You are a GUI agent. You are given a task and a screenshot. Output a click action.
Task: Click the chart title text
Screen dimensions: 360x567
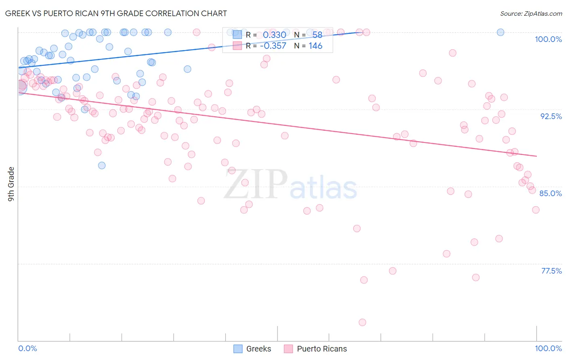(116, 13)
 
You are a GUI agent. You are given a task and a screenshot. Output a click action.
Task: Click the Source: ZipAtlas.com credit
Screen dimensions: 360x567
(531, 13)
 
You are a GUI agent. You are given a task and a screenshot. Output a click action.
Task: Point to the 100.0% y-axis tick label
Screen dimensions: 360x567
(548, 39)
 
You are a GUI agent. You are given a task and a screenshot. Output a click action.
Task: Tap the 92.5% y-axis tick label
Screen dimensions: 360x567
(551, 116)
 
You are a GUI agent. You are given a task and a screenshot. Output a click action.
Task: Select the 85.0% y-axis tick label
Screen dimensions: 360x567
(550, 193)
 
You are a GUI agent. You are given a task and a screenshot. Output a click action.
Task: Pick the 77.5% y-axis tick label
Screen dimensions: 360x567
(551, 271)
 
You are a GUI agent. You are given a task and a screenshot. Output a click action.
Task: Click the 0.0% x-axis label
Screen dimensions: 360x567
(28, 348)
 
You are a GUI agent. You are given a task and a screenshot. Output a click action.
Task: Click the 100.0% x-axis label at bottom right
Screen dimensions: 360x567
(548, 348)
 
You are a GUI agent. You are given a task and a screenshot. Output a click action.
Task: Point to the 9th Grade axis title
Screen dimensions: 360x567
(11, 184)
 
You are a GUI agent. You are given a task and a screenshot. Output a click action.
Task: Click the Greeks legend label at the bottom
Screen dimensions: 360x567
(258, 349)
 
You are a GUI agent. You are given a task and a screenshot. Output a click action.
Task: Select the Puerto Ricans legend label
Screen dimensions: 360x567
(322, 349)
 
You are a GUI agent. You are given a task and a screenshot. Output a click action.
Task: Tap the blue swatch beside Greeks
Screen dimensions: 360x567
(238, 349)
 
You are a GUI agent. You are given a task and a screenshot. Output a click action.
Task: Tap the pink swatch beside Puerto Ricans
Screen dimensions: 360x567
(288, 349)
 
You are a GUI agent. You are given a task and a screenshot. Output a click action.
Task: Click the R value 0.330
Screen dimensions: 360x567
(274, 35)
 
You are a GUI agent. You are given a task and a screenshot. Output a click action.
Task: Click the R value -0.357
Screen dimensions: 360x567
(273, 46)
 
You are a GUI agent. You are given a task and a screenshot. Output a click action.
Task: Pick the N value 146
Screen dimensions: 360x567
(315, 46)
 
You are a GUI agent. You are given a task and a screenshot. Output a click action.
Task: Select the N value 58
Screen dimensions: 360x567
(317, 35)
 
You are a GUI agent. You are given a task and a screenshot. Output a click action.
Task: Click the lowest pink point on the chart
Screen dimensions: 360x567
(362, 322)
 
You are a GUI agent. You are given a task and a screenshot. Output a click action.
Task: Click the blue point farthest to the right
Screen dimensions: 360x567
(500, 32)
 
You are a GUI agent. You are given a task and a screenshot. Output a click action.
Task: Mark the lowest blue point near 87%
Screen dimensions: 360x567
(102, 165)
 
